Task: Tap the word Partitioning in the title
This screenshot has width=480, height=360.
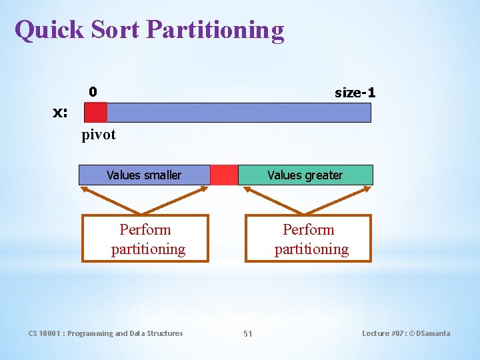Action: (215, 31)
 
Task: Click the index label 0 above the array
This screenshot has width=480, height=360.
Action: (93, 91)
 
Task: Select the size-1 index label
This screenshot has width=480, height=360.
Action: (355, 93)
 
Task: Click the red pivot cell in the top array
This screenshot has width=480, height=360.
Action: (96, 112)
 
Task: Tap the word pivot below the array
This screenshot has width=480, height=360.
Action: (99, 135)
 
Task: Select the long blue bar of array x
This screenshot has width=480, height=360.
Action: (239, 112)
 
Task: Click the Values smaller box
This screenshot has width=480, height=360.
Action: (144, 175)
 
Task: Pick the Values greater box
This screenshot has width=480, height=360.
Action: (305, 175)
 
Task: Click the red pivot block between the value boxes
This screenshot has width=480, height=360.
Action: (224, 175)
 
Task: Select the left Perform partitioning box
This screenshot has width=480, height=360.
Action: (145, 239)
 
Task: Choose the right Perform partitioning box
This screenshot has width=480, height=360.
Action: (309, 239)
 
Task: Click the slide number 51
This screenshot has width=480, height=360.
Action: (247, 333)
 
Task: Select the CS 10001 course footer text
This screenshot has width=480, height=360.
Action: (105, 333)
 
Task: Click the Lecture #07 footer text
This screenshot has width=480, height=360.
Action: (406, 333)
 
